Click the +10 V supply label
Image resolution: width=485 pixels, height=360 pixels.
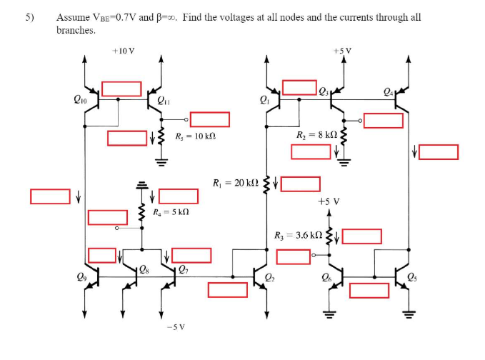(x=124, y=51)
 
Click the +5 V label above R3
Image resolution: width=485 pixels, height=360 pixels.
(x=328, y=202)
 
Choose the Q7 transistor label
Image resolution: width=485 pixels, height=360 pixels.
(x=184, y=269)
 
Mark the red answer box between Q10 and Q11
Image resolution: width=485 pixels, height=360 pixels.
(x=121, y=89)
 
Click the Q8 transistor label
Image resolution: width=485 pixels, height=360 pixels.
(x=144, y=269)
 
